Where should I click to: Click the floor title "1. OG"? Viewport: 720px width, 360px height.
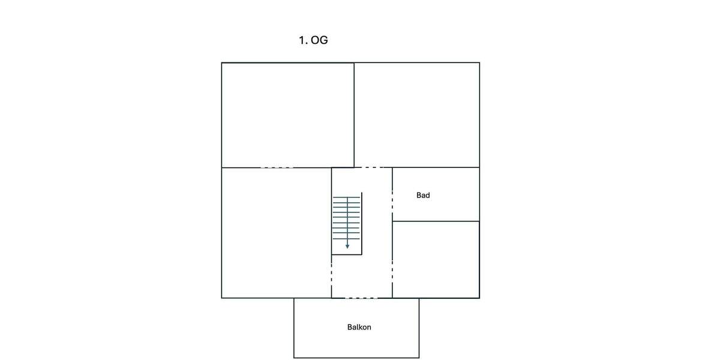click(x=313, y=40)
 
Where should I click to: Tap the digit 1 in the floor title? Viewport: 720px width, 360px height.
click(x=301, y=40)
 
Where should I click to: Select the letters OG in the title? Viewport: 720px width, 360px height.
click(x=319, y=40)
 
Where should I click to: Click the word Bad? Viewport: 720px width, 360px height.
click(x=423, y=195)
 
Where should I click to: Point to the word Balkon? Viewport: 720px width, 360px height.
click(x=359, y=327)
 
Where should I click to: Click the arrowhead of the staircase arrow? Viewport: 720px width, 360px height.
click(x=347, y=247)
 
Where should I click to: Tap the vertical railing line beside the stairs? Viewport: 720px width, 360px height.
click(x=362, y=223)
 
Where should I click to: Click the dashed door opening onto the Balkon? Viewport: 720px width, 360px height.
click(x=361, y=298)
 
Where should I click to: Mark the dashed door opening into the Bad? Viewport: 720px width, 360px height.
click(x=392, y=202)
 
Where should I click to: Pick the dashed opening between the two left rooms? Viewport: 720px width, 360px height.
click(x=277, y=167)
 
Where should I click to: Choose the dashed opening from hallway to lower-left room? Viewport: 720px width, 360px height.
click(x=331, y=276)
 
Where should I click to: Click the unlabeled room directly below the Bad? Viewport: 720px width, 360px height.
click(x=436, y=260)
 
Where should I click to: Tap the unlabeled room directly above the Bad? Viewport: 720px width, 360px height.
click(x=417, y=115)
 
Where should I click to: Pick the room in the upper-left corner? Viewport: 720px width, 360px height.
click(x=287, y=115)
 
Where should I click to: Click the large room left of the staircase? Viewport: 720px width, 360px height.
click(x=277, y=233)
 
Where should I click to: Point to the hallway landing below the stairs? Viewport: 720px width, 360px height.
click(x=362, y=277)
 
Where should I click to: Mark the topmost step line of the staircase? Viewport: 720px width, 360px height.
click(x=347, y=197)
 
